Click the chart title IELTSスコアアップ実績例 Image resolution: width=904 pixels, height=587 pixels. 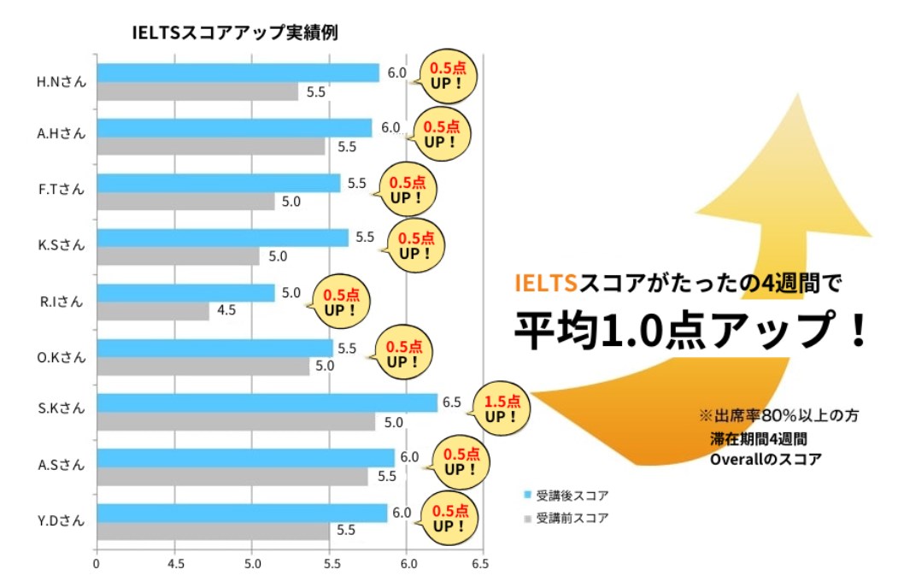235,33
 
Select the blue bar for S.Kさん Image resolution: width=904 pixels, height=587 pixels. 267,403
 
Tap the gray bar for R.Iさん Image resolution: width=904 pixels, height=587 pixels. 153,312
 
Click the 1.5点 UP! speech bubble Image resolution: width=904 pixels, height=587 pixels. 501,409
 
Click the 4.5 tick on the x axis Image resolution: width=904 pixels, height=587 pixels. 175,564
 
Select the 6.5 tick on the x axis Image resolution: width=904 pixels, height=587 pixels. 479,564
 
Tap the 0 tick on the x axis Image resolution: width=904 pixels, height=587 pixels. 97,564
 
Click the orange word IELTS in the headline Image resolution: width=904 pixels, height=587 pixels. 546,283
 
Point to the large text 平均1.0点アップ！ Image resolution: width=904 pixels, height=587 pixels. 690,328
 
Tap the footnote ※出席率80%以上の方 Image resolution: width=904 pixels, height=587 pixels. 778,416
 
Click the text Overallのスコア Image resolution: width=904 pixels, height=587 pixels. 766,459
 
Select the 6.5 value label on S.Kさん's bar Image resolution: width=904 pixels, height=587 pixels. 451,402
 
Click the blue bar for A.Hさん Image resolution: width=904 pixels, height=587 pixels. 234,128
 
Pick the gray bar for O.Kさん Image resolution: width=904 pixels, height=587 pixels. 203,367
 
